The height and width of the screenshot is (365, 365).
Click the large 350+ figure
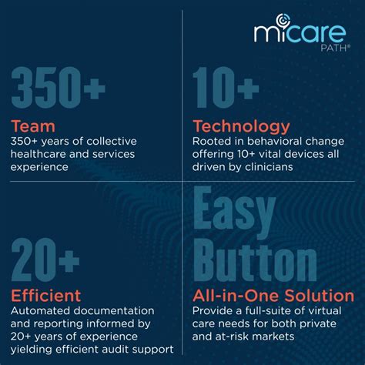(59, 88)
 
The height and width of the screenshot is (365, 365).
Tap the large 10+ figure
(226, 88)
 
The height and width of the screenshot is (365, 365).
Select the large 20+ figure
(45, 260)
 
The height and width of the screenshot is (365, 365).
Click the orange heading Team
(33, 126)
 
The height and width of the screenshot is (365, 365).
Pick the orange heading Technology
(241, 127)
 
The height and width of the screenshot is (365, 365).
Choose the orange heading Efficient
(46, 296)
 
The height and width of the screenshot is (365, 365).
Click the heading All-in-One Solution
(273, 296)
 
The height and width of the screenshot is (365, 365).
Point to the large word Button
(255, 261)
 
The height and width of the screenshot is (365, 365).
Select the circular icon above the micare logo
(283, 21)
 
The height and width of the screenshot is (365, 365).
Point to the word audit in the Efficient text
(128, 350)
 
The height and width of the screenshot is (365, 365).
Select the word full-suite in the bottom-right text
(268, 311)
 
